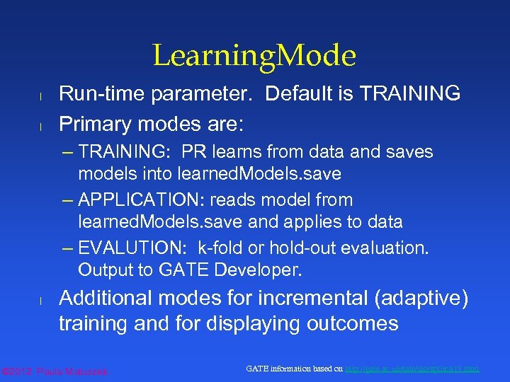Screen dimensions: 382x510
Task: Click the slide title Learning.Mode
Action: click(254, 55)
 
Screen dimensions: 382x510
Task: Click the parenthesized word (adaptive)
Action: click(419, 299)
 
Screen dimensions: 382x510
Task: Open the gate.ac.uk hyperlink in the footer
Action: click(412, 369)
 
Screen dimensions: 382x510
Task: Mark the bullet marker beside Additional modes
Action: click(42, 301)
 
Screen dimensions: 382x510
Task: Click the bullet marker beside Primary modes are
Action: click(42, 127)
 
